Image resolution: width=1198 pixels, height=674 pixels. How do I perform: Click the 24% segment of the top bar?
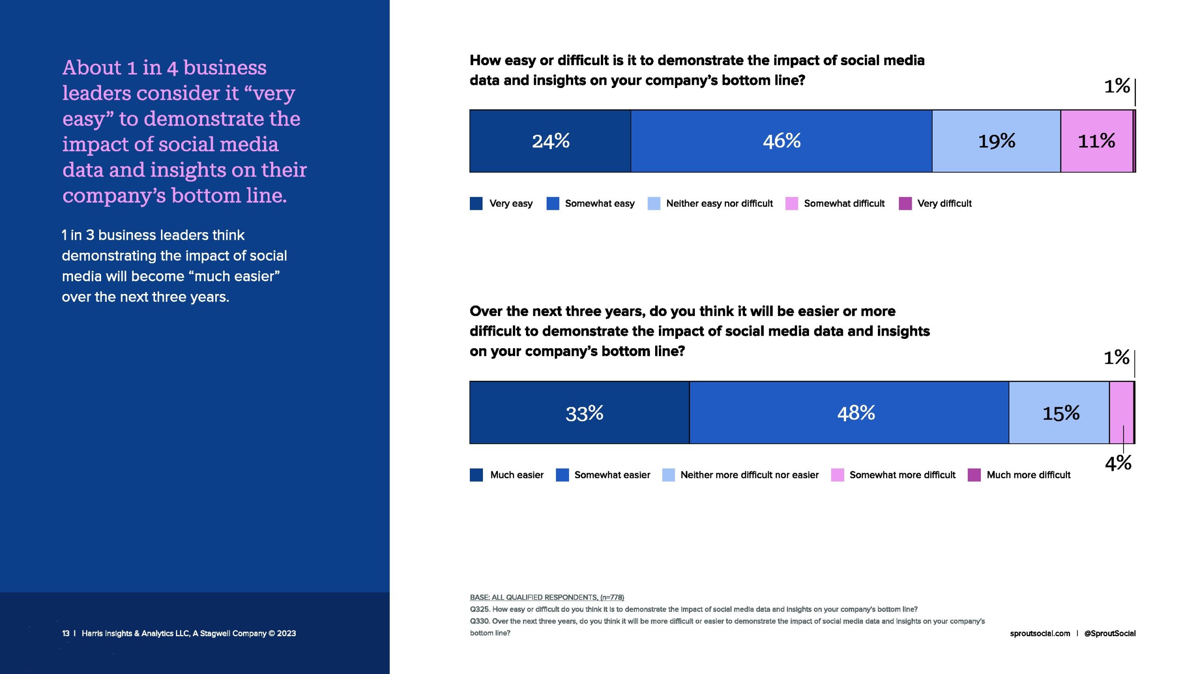[x=550, y=141]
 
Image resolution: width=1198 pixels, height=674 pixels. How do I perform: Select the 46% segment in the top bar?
[x=781, y=141]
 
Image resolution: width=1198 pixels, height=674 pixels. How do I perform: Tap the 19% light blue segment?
[x=996, y=141]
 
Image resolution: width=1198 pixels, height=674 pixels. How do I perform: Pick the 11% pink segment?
[x=1096, y=141]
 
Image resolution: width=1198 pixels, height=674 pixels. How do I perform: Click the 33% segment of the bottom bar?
[x=579, y=413]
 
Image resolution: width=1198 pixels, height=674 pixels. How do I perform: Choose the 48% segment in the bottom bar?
[x=849, y=413]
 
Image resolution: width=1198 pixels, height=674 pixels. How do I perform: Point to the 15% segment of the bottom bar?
[x=1059, y=413]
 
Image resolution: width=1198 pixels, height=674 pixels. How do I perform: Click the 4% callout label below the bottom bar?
[x=1118, y=463]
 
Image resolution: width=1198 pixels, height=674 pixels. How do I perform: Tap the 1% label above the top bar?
[x=1117, y=86]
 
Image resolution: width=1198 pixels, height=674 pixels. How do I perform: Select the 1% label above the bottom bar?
[x=1117, y=358]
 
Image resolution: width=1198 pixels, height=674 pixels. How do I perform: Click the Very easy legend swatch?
[x=476, y=204]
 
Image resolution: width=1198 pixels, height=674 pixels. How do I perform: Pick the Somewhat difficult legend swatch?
[x=791, y=204]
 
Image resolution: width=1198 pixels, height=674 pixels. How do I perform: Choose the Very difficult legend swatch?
[x=905, y=204]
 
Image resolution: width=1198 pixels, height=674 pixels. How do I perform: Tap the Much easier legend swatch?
[x=476, y=475]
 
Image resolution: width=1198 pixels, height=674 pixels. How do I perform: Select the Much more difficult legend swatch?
[x=974, y=475]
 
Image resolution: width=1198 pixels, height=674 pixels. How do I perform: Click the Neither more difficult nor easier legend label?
[x=749, y=475]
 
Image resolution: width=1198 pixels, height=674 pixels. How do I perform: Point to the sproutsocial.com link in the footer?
[x=1040, y=633]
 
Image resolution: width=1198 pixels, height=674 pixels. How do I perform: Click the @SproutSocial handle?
[x=1110, y=633]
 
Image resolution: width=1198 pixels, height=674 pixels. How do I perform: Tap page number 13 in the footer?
[x=66, y=633]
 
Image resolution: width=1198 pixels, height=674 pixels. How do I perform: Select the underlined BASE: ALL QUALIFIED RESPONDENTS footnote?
[x=547, y=597]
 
